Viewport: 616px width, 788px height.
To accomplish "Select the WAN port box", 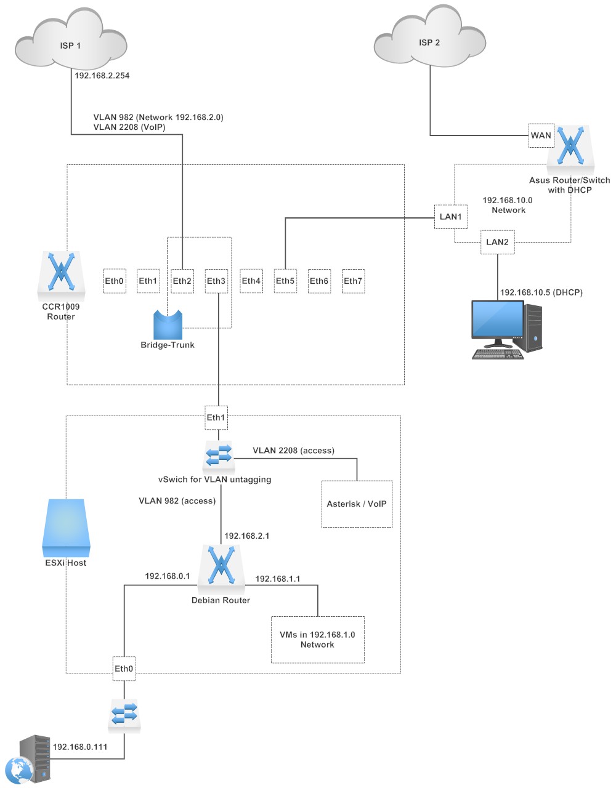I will [x=541, y=135].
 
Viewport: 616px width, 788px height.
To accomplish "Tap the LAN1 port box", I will [x=450, y=217].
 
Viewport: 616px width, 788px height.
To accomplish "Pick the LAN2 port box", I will [x=497, y=242].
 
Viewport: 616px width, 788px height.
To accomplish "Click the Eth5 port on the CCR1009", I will [x=285, y=281].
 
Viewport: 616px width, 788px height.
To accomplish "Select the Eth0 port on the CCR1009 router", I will [x=114, y=281].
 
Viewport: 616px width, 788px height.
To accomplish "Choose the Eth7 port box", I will [x=353, y=281].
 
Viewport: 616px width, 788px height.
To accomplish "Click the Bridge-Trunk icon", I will [x=168, y=324].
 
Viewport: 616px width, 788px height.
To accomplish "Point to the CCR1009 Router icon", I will [x=61, y=272].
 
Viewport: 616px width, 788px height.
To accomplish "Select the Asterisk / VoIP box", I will [x=357, y=504].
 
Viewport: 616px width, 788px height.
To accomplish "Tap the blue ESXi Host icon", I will [x=66, y=526].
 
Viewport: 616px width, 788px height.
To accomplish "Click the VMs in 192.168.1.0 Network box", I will [x=317, y=640].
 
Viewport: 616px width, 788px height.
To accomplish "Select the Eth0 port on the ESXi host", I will [x=124, y=669].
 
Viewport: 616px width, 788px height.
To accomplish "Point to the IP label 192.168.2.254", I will [x=102, y=76].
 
